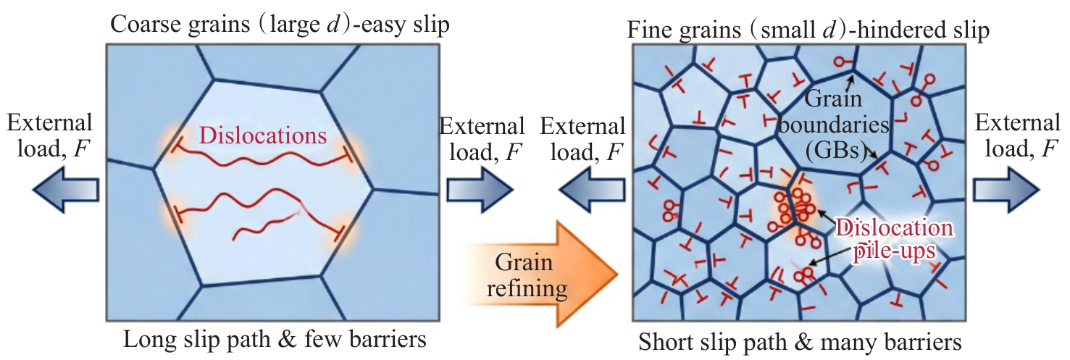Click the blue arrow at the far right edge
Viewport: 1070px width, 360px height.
click(x=1006, y=189)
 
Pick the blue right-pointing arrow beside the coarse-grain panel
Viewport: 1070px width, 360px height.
click(x=480, y=189)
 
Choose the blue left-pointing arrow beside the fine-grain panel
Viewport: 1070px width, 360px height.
click(x=591, y=189)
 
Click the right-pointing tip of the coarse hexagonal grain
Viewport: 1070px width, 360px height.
click(x=372, y=189)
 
